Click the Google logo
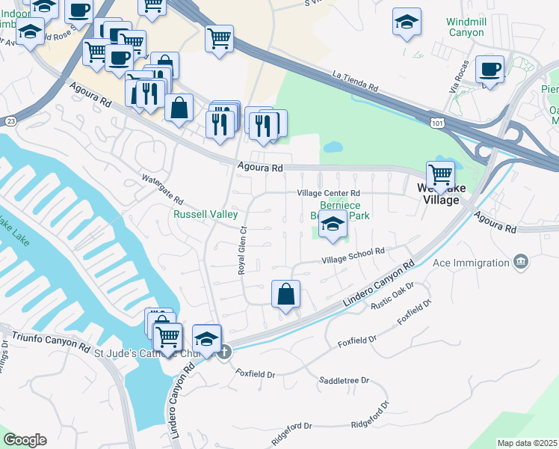click(x=25, y=440)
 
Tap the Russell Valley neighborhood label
click(x=206, y=214)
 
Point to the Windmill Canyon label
click(x=466, y=27)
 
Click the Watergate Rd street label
click(x=163, y=189)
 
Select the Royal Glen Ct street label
click(x=242, y=251)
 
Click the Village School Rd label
click(x=353, y=255)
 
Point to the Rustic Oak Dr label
click(x=394, y=294)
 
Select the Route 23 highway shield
click(x=10, y=120)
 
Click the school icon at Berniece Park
click(x=333, y=223)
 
